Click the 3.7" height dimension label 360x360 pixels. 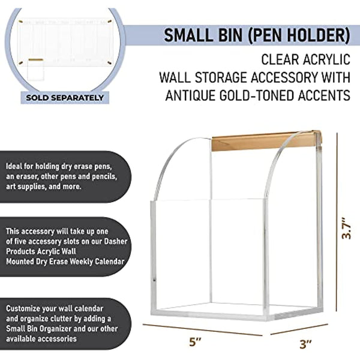tap(346, 227)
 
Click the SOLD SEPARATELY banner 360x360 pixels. tap(64, 97)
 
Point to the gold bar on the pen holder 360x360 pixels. tap(266, 142)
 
